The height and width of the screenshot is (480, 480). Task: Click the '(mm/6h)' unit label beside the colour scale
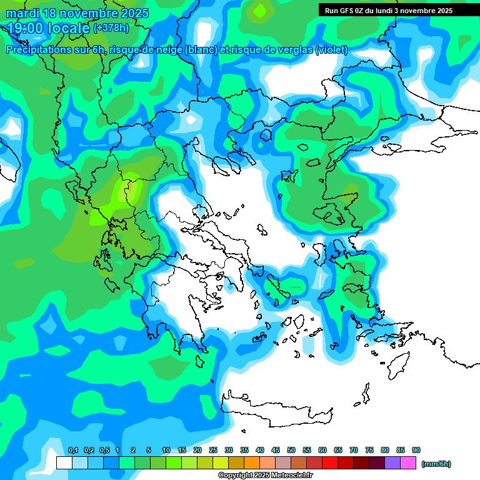[436, 464]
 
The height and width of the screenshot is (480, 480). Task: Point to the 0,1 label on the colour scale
[72, 451]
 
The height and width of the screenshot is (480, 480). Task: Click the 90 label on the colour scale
[416, 451]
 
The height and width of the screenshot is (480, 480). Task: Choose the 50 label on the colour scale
[291, 451]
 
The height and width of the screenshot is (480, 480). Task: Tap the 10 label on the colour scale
[166, 451]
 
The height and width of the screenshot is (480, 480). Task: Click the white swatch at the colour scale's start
[64, 463]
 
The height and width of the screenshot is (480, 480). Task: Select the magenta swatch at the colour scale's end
[408, 463]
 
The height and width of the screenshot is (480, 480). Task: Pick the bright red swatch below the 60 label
[330, 463]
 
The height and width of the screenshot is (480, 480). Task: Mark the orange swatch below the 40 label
[252, 463]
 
